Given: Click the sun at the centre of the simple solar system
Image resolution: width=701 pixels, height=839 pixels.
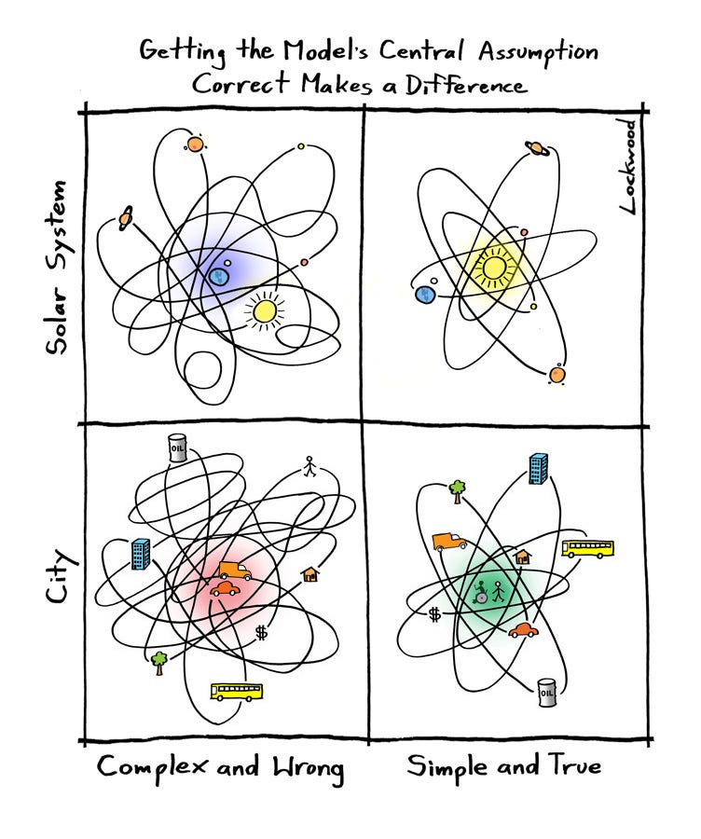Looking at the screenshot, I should point(493,268).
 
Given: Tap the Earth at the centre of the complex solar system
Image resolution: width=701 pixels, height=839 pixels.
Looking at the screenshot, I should point(220,275).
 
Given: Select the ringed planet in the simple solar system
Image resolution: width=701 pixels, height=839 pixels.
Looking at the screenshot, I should point(538,147).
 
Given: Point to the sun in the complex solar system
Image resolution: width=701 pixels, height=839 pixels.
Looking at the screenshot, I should point(264,310).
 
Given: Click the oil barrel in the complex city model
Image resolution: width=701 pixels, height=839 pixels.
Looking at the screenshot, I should point(177,447).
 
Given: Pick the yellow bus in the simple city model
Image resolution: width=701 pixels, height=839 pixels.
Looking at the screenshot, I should point(588,548).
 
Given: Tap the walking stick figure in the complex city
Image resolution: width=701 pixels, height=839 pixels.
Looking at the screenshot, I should point(310,466).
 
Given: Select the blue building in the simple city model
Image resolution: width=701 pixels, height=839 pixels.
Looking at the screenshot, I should point(538,468).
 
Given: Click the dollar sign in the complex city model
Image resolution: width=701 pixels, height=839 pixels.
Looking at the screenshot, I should point(261,632).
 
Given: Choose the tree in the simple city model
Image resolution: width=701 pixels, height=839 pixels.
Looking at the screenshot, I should point(457,489).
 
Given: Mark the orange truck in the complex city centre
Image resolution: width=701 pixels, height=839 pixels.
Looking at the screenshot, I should point(233,571).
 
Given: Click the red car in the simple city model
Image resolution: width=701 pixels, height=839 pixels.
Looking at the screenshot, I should point(524,630).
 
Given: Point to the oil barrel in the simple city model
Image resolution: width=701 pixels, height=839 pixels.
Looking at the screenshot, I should point(547,692).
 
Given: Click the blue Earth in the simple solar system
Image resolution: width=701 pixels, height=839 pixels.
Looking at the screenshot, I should point(425,295).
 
